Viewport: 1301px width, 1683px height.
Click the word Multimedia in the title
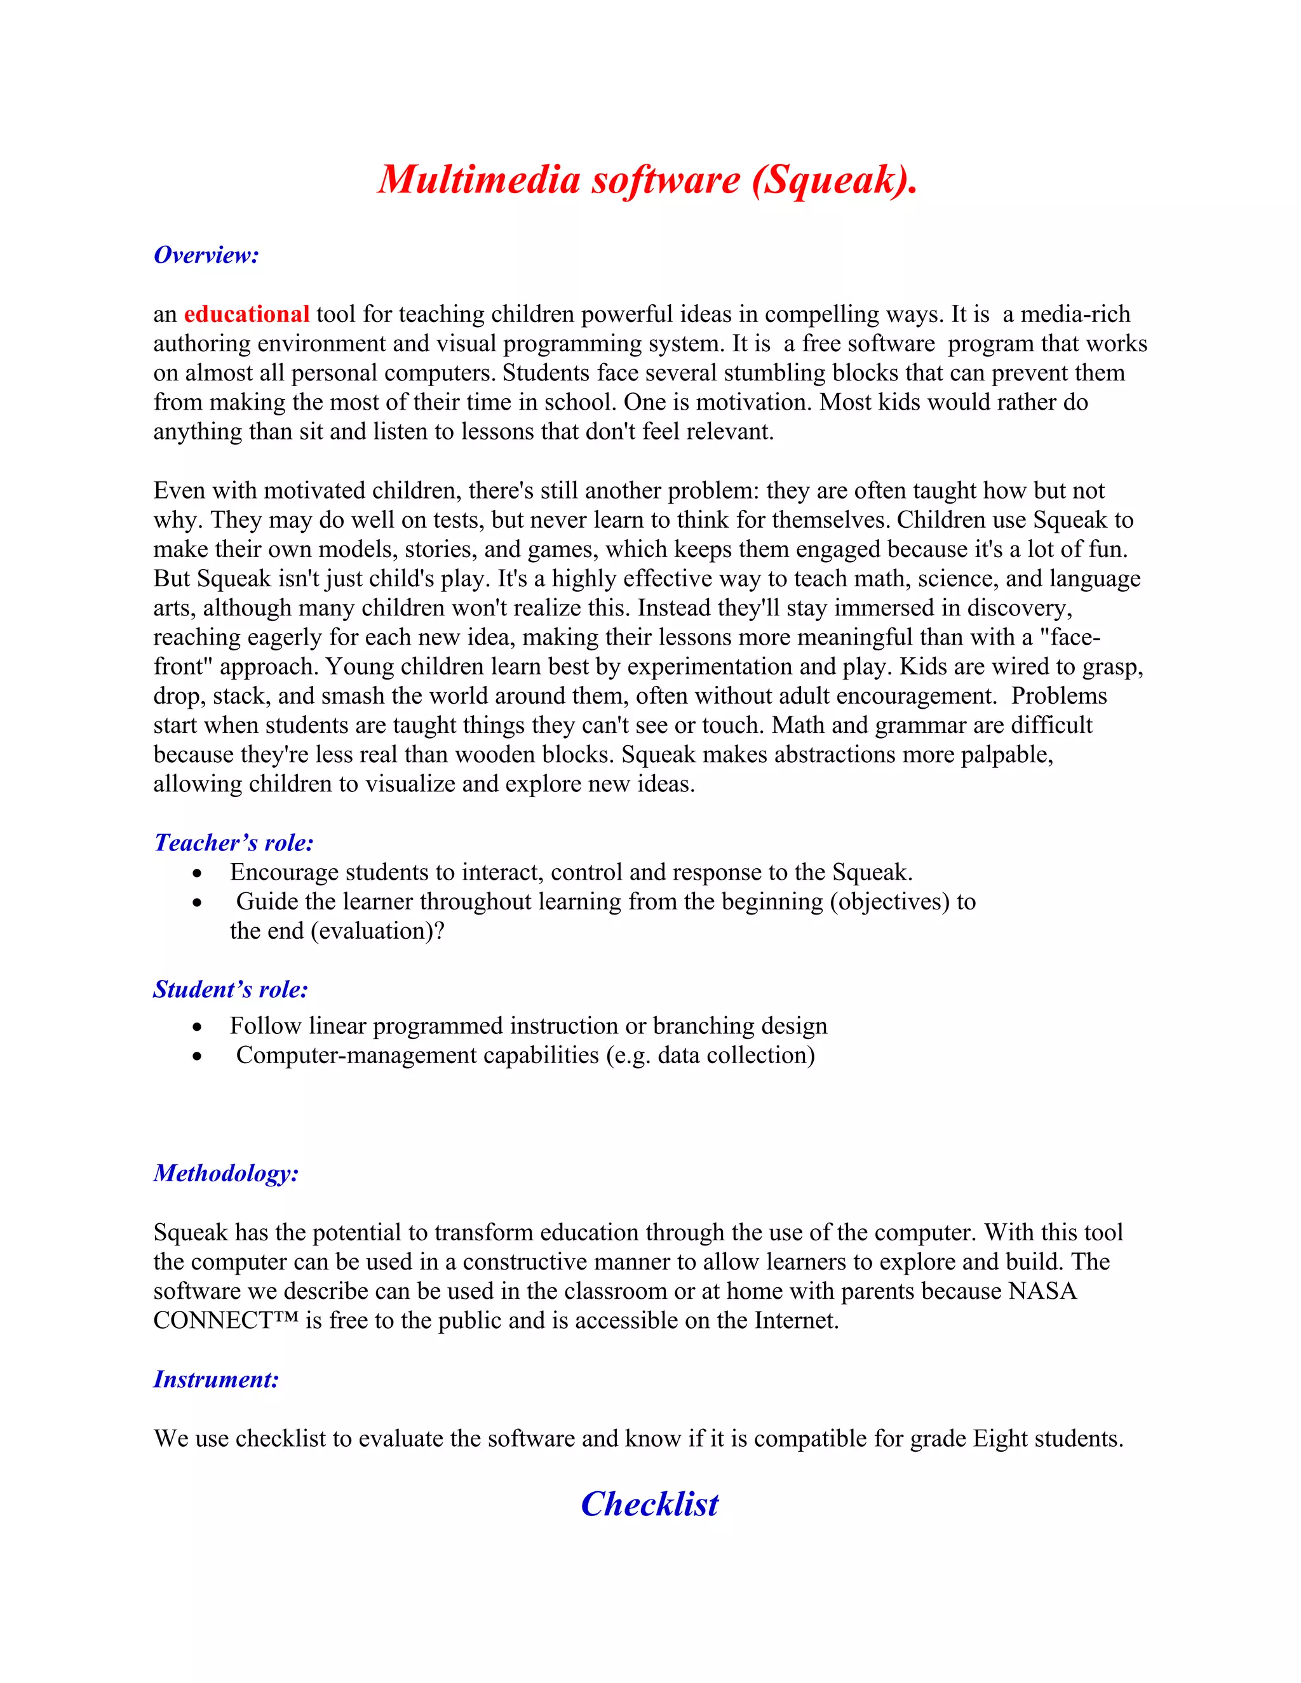(478, 179)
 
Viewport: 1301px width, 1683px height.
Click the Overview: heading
(206, 255)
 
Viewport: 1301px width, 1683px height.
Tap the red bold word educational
(246, 314)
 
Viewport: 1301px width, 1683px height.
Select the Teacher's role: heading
(234, 843)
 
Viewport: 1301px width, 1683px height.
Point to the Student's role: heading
(231, 989)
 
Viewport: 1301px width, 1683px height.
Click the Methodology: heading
(226, 1173)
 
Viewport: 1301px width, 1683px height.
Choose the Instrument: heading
(216, 1379)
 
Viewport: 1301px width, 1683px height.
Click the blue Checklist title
(649, 1504)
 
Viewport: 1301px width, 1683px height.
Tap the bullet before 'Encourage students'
(198, 874)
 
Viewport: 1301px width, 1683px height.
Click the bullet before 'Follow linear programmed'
(198, 1027)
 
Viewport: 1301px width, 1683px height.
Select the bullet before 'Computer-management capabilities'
(198, 1057)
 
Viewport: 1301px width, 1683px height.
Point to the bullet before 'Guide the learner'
(198, 903)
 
